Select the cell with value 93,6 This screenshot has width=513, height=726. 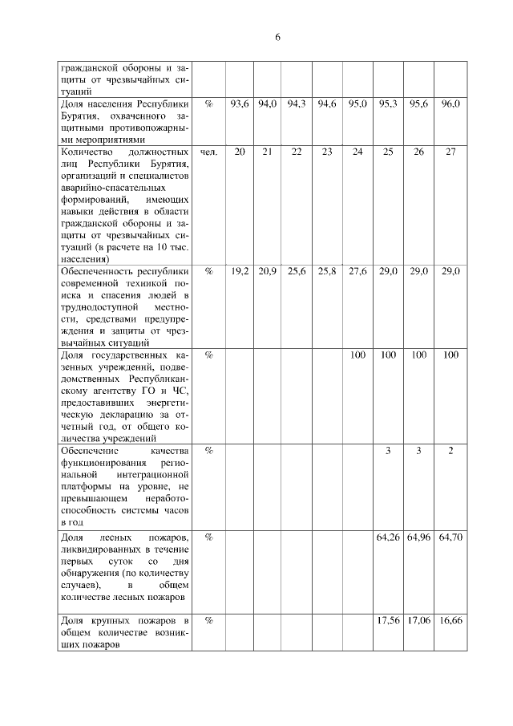240,104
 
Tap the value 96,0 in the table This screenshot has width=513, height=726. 450,104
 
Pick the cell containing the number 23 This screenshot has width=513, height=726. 327,152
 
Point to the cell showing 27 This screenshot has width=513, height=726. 450,152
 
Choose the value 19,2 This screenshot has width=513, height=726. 240,272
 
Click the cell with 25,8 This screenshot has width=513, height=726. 327,272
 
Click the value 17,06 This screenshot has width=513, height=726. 419,621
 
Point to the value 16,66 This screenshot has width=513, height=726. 450,621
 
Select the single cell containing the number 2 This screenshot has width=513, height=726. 450,451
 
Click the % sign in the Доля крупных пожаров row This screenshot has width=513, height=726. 208,621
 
